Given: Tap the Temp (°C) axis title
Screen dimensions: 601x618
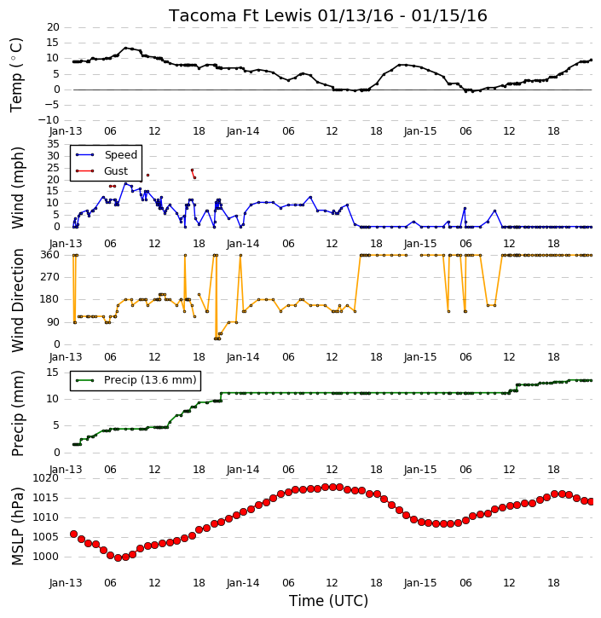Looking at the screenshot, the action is [x=16, y=75].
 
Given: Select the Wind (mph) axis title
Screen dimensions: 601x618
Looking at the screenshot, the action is [x=18, y=188].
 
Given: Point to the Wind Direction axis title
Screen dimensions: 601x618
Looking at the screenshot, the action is [x=18, y=300].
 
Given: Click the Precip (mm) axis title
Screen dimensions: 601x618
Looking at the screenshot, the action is [x=18, y=413].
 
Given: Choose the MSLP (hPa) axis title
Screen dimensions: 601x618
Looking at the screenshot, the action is [x=18, y=526].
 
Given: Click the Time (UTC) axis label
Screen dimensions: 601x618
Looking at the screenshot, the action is [x=328, y=601].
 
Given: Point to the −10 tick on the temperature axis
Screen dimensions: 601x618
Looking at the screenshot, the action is [x=49, y=120].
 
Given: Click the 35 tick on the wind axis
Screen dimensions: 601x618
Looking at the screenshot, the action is [x=53, y=144].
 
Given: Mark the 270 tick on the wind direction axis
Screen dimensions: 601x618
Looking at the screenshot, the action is [x=50, y=277].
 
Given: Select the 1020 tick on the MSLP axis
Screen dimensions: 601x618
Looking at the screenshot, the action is [x=45, y=478].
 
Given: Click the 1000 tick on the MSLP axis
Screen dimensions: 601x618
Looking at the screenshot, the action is [x=45, y=557].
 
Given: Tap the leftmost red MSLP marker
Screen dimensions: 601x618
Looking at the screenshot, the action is [x=73, y=534].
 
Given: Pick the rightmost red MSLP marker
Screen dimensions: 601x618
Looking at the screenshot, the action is [x=591, y=501].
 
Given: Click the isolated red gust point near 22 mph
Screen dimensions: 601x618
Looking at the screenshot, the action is [x=147, y=175].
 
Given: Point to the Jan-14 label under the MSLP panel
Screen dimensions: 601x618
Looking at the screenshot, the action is [x=243, y=583].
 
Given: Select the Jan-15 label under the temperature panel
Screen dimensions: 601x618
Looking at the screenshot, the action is [x=420, y=131].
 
